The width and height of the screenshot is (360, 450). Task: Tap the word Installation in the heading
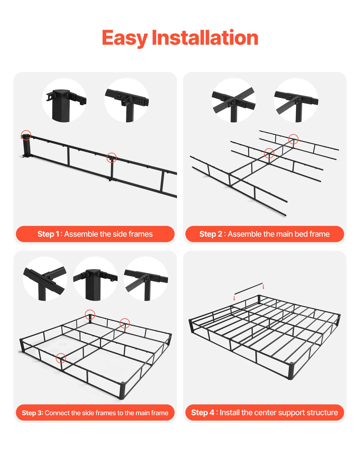[205, 38]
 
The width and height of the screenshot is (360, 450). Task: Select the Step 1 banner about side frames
[95, 234]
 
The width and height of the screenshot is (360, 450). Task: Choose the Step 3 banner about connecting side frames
[95, 413]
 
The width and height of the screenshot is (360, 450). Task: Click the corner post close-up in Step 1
[64, 100]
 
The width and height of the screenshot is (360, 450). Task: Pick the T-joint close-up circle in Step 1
[127, 100]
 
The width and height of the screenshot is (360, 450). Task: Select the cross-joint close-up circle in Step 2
[234, 100]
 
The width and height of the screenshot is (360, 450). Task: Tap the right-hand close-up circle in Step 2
[296, 100]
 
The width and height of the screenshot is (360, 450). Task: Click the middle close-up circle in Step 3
[95, 279]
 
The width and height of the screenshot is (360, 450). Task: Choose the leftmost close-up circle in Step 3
[45, 279]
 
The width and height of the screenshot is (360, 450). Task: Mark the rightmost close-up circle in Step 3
[146, 279]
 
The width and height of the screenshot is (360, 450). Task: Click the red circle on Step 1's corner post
[26, 135]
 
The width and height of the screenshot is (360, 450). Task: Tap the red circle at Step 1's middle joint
[112, 157]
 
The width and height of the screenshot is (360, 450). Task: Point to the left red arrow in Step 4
[234, 298]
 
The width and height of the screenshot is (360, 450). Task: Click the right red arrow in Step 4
[263, 287]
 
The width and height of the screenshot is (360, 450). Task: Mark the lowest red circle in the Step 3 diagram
[61, 358]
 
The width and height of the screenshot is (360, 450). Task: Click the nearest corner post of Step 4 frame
[290, 371]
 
